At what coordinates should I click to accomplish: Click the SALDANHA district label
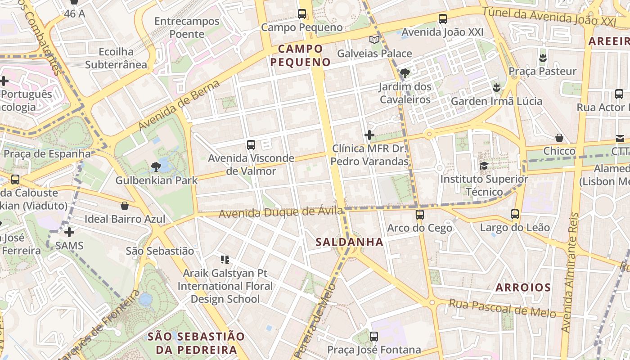point(349,242)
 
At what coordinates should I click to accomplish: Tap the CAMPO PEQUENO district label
point(301,55)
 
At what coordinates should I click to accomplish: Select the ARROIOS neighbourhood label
point(523,288)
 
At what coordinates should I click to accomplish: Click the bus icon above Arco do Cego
point(420,215)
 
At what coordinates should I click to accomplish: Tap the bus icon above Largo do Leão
point(515,215)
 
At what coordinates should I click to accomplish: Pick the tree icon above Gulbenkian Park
point(156,167)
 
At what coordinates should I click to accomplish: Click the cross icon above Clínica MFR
point(369,135)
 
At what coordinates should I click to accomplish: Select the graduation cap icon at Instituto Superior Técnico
point(484,166)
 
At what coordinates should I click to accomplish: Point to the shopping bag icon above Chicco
point(559,138)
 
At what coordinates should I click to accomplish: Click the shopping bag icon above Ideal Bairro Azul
point(125,206)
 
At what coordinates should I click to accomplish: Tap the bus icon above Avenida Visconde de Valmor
point(251,145)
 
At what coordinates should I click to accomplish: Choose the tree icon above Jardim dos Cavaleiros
point(405,73)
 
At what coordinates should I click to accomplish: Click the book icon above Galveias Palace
point(374,40)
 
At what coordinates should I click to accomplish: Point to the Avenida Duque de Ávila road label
point(281,212)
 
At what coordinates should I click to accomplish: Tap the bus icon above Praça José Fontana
point(373,336)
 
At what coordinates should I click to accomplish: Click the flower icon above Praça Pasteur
point(542,58)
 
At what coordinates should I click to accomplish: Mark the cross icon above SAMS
point(69,232)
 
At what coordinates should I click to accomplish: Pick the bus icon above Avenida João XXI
point(442,19)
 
